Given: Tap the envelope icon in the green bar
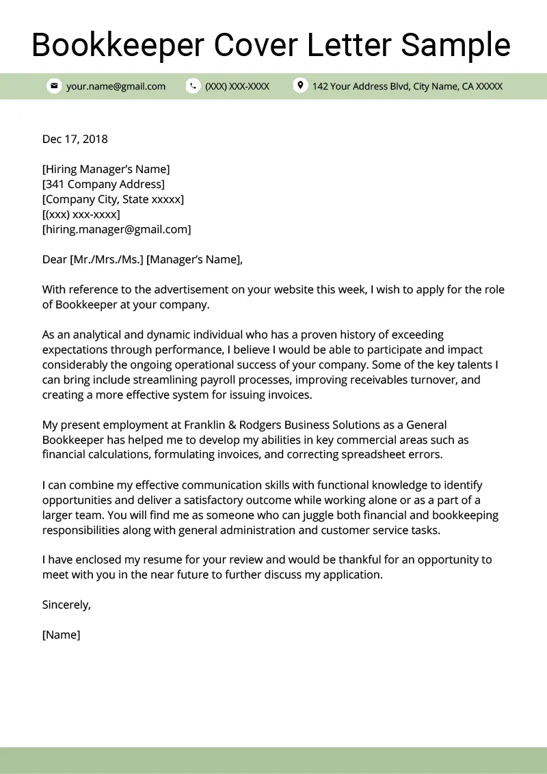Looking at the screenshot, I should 53,86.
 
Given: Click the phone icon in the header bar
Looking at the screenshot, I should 193,86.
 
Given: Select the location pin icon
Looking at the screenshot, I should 299,85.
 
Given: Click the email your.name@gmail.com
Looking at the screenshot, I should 116,86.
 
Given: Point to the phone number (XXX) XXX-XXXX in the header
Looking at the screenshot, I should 237,86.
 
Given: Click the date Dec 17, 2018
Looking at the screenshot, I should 75,139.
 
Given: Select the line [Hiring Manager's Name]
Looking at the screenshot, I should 106,170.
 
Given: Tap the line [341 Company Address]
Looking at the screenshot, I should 103,185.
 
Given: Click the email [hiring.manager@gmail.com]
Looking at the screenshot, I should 116,230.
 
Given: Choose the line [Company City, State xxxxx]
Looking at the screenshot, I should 113,200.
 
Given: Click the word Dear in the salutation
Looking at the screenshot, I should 54,260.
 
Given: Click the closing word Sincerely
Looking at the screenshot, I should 66,605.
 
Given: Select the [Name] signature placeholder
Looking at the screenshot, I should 61,635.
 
